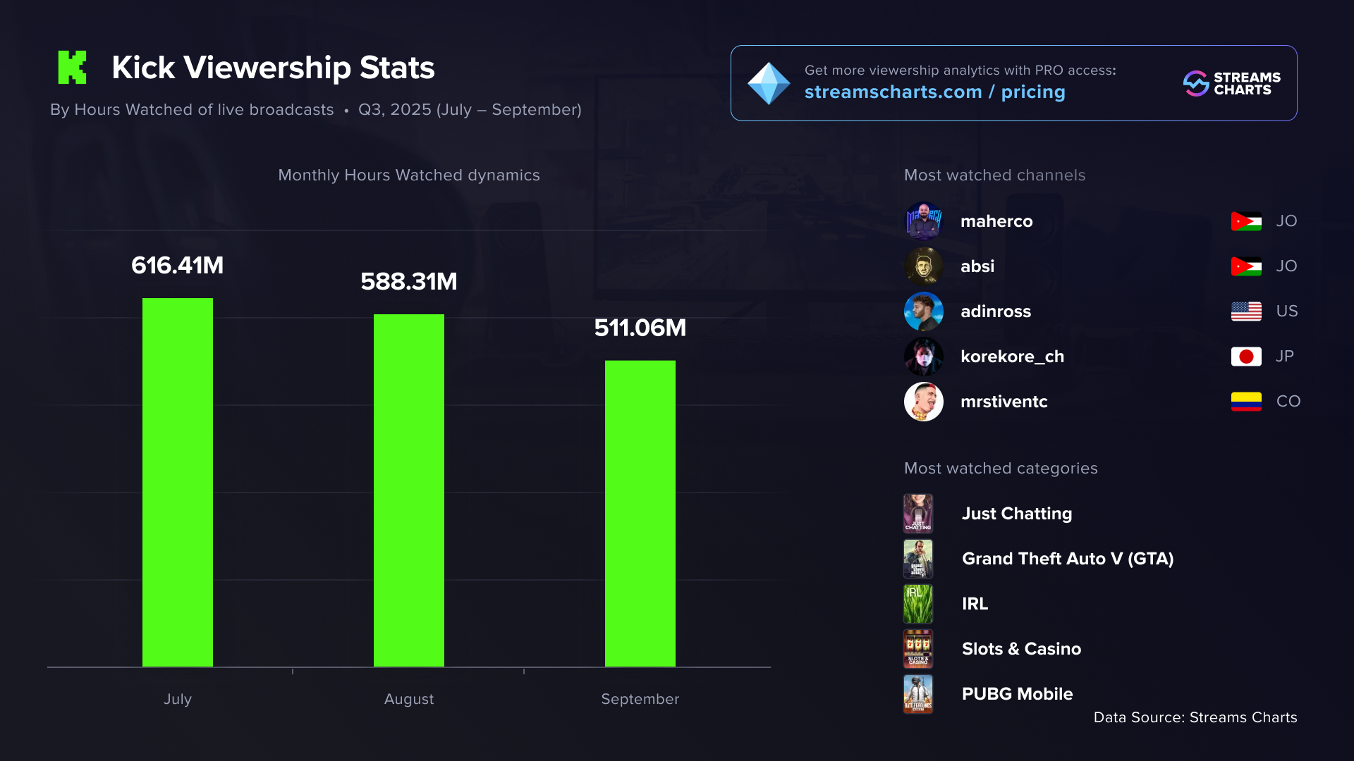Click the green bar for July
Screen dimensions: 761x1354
[178, 482]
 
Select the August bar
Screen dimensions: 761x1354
[409, 490]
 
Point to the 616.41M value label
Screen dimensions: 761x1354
[178, 266]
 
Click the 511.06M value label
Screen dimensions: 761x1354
[640, 328]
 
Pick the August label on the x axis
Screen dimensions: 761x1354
[409, 699]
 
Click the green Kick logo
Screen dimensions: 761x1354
[72, 68]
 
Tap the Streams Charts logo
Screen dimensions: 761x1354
[1231, 83]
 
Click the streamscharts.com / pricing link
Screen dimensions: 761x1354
[934, 92]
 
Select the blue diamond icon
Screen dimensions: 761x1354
[769, 83]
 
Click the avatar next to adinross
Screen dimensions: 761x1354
[924, 311]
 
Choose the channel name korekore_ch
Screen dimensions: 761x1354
[1012, 357]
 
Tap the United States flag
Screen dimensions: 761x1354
[1246, 311]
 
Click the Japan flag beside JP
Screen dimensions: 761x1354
[1246, 357]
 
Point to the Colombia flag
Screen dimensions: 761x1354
[1246, 402]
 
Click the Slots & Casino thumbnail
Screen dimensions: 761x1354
[918, 649]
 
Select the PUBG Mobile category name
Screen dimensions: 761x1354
[1017, 694]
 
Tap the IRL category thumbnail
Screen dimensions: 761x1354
[918, 604]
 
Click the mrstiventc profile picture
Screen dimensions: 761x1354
[924, 402]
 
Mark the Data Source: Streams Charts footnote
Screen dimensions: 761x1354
[1195, 717]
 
